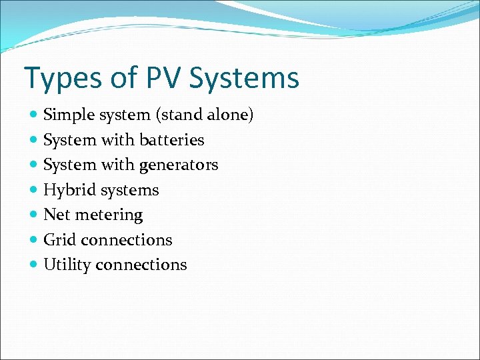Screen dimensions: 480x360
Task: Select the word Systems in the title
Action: pos(245,79)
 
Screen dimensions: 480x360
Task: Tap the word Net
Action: pos(55,215)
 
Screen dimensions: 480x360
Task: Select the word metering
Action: pos(111,215)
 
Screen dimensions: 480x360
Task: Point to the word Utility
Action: pos(67,265)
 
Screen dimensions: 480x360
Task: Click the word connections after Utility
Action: pos(141,265)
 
